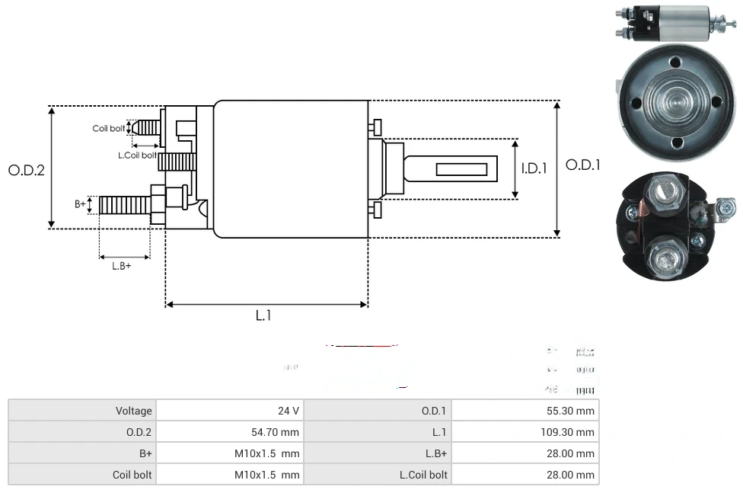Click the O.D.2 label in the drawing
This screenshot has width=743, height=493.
tap(27, 170)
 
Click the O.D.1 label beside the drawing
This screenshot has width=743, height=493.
tap(583, 165)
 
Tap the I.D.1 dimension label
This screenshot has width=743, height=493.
tap(534, 168)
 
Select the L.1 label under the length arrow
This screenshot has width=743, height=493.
tap(263, 315)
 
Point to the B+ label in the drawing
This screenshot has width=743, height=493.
tap(81, 204)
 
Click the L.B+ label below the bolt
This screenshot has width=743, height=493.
tap(122, 266)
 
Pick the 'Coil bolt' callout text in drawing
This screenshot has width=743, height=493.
tap(109, 128)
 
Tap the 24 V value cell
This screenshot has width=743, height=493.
tap(288, 411)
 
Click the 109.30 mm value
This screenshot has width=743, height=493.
tap(572, 432)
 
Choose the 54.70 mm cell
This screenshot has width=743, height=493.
tap(275, 432)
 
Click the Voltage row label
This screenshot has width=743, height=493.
tap(133, 411)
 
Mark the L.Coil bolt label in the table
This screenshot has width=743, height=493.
tap(423, 475)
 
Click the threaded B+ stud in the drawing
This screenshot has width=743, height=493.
tap(125, 205)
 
